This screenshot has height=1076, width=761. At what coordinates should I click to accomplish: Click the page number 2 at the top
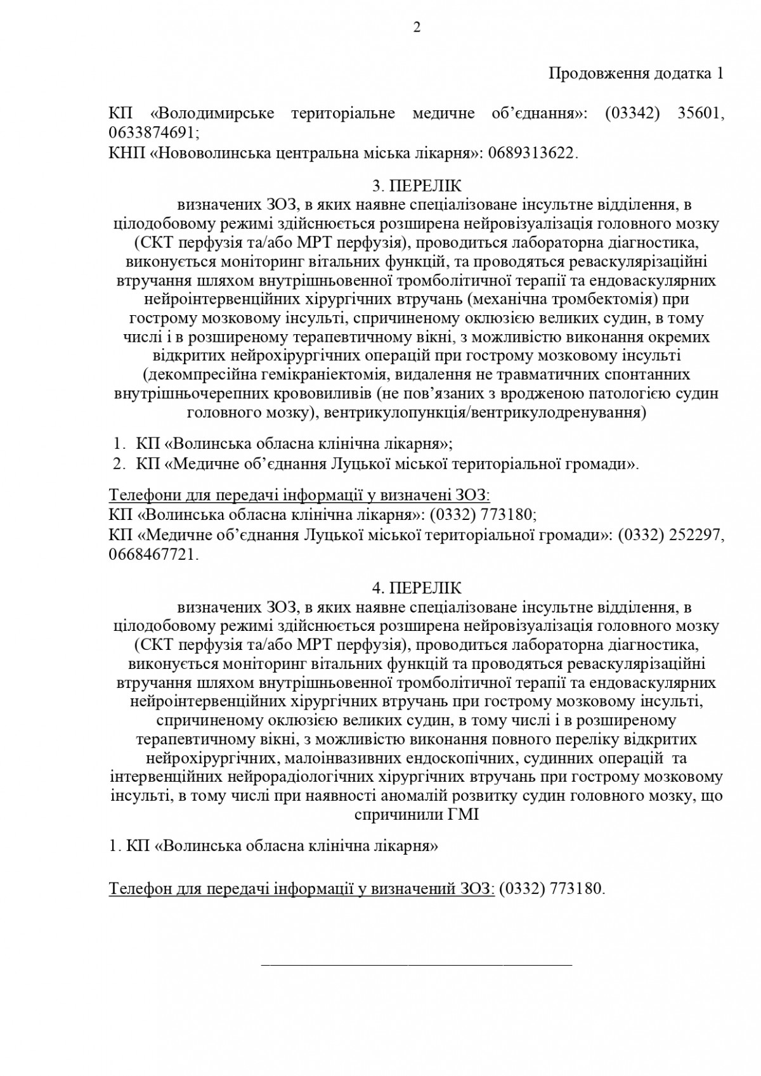[x=417, y=27]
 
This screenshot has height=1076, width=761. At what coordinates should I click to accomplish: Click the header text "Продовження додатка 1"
[x=635, y=74]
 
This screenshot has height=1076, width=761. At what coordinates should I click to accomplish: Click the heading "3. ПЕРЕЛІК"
[x=417, y=186]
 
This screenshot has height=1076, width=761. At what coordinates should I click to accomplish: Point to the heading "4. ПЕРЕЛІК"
[x=417, y=588]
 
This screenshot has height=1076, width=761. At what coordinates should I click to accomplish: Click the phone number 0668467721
[x=152, y=555]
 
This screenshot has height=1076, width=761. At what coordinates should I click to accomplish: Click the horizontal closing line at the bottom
[x=417, y=964]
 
